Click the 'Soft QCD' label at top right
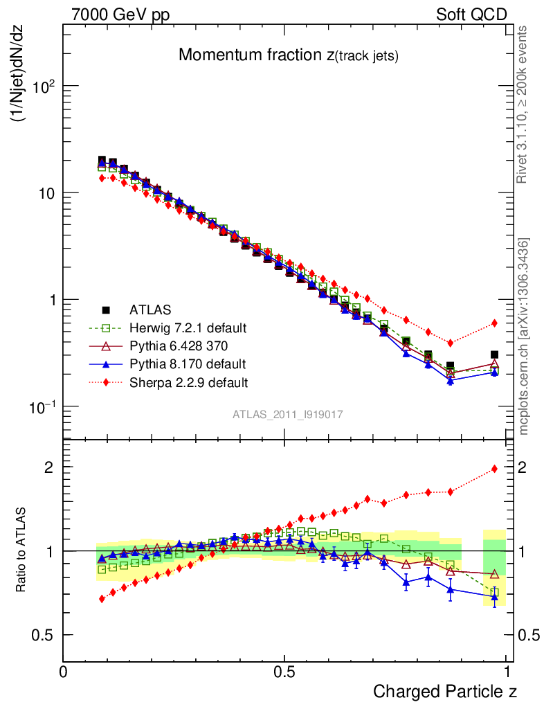point(472,15)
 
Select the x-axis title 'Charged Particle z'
point(444,691)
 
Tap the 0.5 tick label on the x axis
point(284,672)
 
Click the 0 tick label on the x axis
point(64,672)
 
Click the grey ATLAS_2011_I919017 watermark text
point(288,414)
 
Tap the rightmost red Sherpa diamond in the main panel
point(494,323)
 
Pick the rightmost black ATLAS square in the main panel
point(494,354)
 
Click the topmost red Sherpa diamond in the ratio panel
point(494,469)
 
